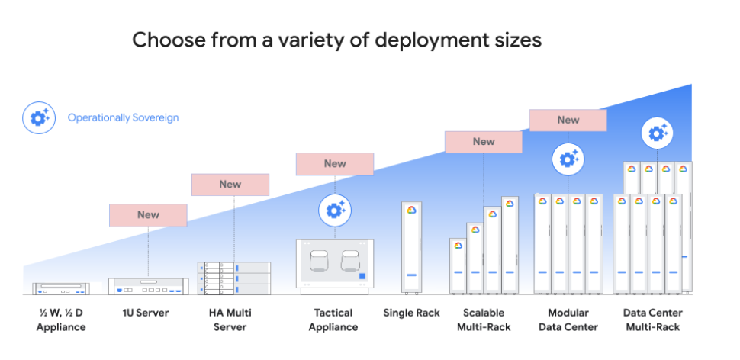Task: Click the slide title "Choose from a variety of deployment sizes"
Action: pyautogui.click(x=336, y=40)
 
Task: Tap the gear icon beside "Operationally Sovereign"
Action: pyautogui.click(x=37, y=118)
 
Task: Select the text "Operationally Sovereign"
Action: pyautogui.click(x=123, y=118)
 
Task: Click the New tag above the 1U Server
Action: pyautogui.click(x=148, y=215)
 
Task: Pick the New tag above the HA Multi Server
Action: pyautogui.click(x=230, y=185)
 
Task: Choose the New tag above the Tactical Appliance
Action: pyautogui.click(x=335, y=164)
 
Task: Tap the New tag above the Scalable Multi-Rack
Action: pyautogui.click(x=484, y=142)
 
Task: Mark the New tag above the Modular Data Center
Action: pyautogui.click(x=568, y=121)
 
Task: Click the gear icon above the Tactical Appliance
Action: pyautogui.click(x=334, y=210)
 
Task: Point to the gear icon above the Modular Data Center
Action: pyautogui.click(x=568, y=159)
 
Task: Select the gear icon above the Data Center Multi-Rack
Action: pyautogui.click(x=656, y=133)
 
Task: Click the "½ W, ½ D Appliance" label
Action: pyautogui.click(x=61, y=320)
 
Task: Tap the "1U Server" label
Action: pyautogui.click(x=146, y=313)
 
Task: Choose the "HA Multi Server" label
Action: pyautogui.click(x=230, y=320)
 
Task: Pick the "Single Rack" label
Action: pyautogui.click(x=412, y=313)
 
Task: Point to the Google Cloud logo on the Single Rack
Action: pyautogui.click(x=412, y=211)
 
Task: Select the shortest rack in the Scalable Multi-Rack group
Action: pyautogui.click(x=458, y=266)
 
